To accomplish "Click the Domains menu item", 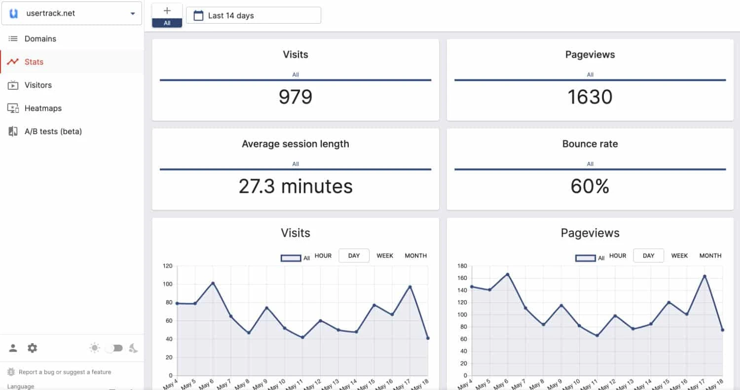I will click(40, 38).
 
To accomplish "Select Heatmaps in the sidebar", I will click(43, 108).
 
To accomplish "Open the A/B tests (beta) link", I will click(53, 131).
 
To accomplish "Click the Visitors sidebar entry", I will click(38, 85).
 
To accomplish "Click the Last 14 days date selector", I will click(253, 15).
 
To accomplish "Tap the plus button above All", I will click(167, 11).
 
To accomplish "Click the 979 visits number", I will click(295, 97).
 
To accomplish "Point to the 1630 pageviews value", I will click(590, 97).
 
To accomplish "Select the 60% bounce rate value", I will click(590, 186).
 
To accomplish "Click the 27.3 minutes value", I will click(295, 186).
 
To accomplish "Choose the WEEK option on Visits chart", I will click(385, 255).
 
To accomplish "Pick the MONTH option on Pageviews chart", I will click(710, 255).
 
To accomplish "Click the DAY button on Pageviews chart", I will click(648, 255).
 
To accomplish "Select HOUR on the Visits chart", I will click(323, 255).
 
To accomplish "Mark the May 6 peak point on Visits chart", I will click(213, 283).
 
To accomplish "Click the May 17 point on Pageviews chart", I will click(704, 276).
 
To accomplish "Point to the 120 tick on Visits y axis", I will click(167, 266).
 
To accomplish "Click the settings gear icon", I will click(32, 348).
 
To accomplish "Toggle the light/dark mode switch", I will click(114, 348).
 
